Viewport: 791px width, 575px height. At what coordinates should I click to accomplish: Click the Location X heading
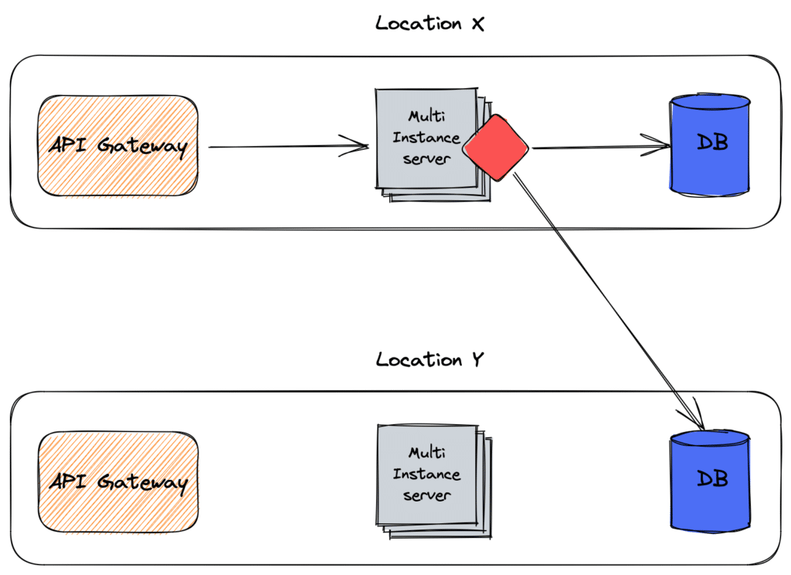pyautogui.click(x=429, y=23)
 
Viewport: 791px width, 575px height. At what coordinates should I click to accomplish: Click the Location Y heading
pyautogui.click(x=429, y=359)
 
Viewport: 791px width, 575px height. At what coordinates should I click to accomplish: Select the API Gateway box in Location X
pyautogui.click(x=118, y=145)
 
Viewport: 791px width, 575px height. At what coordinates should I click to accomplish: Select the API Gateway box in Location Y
pyautogui.click(x=118, y=482)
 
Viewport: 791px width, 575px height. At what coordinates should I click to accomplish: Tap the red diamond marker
pyautogui.click(x=495, y=148)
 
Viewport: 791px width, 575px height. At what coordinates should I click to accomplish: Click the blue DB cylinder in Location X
pyautogui.click(x=710, y=145)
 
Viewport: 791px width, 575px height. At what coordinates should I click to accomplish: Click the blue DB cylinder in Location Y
pyautogui.click(x=710, y=481)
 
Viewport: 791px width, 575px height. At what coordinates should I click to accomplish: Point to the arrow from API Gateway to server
pyautogui.click(x=289, y=146)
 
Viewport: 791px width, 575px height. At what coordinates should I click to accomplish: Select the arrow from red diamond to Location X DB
pyautogui.click(x=601, y=147)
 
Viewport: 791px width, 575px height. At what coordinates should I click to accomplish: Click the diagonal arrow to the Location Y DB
pyautogui.click(x=609, y=301)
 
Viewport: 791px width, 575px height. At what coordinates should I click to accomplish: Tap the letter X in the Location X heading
pyautogui.click(x=477, y=24)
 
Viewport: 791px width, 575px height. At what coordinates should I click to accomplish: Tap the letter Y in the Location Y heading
pyautogui.click(x=477, y=359)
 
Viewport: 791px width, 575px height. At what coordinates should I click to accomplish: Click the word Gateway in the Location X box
pyautogui.click(x=142, y=146)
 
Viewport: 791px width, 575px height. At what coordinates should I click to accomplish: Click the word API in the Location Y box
pyautogui.click(x=68, y=481)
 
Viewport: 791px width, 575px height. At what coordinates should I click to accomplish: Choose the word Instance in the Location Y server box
pyautogui.click(x=426, y=474)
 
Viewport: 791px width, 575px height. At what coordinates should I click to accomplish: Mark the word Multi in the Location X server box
pyautogui.click(x=426, y=116)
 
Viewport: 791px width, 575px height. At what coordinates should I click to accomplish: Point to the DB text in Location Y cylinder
pyautogui.click(x=712, y=478)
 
